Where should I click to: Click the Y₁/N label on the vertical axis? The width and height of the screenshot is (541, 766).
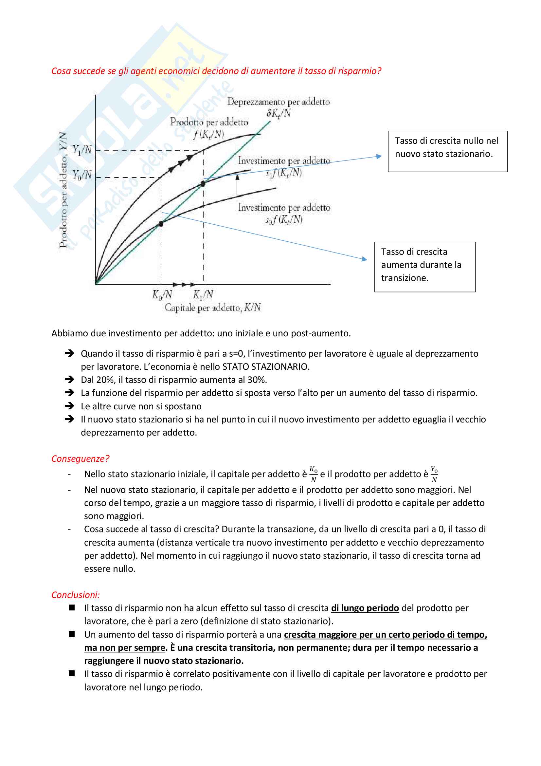[x=82, y=150]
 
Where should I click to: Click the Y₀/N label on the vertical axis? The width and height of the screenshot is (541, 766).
[x=82, y=175]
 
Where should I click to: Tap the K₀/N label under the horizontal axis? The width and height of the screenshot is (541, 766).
[x=162, y=295]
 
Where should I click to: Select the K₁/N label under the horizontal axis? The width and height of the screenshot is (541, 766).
[x=203, y=295]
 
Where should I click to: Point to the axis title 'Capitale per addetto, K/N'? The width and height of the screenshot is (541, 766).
[x=213, y=308]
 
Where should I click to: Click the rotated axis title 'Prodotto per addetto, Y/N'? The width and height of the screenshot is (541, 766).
[x=63, y=190]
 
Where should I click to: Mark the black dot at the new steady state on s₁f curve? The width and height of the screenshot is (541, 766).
[x=203, y=183]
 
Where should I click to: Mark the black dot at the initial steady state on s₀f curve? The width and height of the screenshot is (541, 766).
[x=161, y=224]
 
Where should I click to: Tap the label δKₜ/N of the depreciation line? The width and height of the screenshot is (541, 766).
[x=278, y=113]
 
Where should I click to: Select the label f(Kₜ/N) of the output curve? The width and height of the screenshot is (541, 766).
[x=209, y=134]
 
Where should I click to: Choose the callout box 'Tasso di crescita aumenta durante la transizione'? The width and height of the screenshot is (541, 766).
[x=425, y=267]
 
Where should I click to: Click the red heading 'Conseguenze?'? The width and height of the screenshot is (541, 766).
[x=80, y=459]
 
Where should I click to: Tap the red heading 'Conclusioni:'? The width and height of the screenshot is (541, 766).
[x=76, y=595]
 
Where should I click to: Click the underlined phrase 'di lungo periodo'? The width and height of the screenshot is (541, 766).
[x=365, y=608]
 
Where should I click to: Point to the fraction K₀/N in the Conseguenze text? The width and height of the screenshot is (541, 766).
[x=313, y=474]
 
